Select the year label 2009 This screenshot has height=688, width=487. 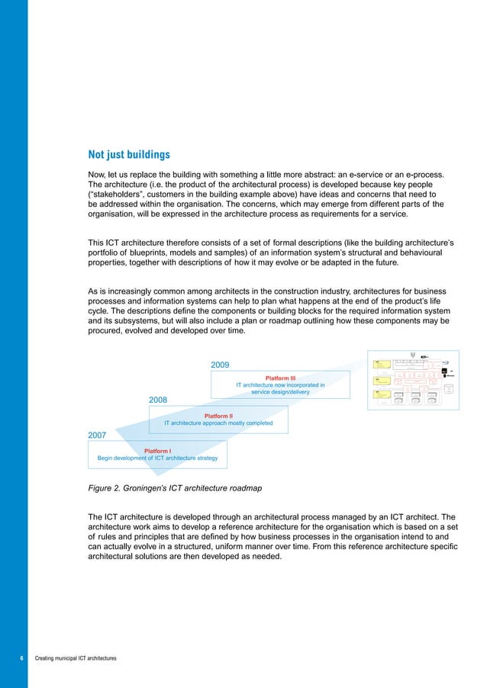click(221, 365)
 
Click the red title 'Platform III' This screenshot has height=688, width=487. click(280, 377)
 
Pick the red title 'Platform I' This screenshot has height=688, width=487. click(157, 450)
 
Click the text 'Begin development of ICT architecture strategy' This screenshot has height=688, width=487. click(157, 458)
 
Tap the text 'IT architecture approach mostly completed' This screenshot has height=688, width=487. click(218, 423)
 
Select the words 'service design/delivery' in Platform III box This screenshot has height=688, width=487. click(280, 393)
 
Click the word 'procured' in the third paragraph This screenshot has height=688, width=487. click(110, 332)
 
